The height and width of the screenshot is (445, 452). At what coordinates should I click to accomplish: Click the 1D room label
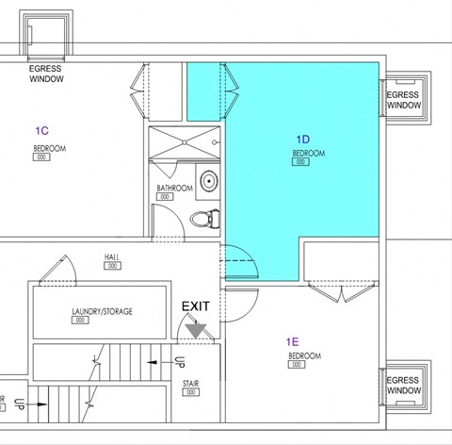(x=302, y=138)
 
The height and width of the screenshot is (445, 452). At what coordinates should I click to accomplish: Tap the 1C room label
(x=41, y=129)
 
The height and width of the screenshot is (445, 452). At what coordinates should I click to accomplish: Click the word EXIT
(x=196, y=306)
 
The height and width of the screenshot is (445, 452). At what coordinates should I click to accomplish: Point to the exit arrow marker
(x=196, y=327)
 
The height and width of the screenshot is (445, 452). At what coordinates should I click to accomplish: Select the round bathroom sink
(x=207, y=181)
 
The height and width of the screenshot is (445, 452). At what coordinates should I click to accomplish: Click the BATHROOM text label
(x=174, y=189)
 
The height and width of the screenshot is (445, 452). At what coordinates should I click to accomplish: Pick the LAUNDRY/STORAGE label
(x=102, y=311)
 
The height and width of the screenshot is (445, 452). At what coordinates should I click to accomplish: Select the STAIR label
(x=191, y=384)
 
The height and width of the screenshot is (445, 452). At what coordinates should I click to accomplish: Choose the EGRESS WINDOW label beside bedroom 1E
(x=403, y=386)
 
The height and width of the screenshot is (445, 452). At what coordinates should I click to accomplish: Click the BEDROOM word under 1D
(x=308, y=153)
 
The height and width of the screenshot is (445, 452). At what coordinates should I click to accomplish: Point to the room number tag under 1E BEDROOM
(x=303, y=367)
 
